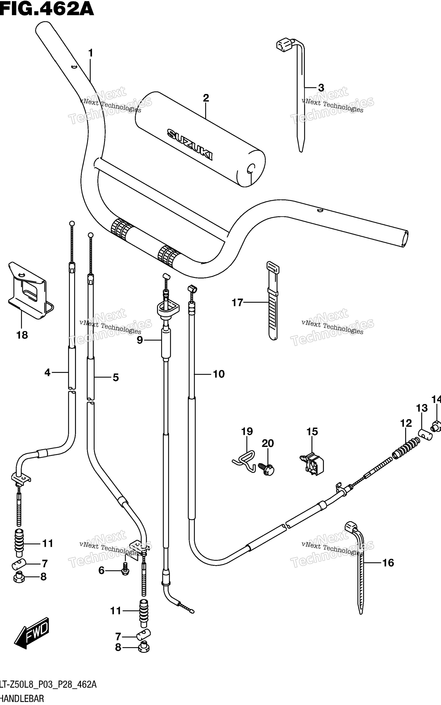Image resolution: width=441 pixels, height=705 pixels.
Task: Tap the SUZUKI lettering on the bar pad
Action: (190, 145)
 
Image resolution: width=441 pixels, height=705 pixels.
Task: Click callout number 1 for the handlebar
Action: (91, 53)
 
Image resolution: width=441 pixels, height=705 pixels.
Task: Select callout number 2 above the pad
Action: (206, 98)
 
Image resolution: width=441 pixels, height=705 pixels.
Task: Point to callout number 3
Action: (321, 87)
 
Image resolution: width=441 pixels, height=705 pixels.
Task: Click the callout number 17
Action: (237, 303)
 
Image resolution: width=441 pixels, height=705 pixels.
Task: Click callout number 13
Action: (422, 408)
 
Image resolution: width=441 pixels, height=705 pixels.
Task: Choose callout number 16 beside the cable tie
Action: (388, 563)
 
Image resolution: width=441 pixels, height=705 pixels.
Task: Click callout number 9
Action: (140, 340)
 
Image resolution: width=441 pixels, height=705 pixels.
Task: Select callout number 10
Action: (219, 374)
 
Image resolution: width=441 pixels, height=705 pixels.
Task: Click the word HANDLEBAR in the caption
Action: (22, 699)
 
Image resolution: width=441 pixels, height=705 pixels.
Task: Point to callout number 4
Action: (47, 372)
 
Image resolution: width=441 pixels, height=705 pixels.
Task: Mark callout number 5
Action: (116, 377)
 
